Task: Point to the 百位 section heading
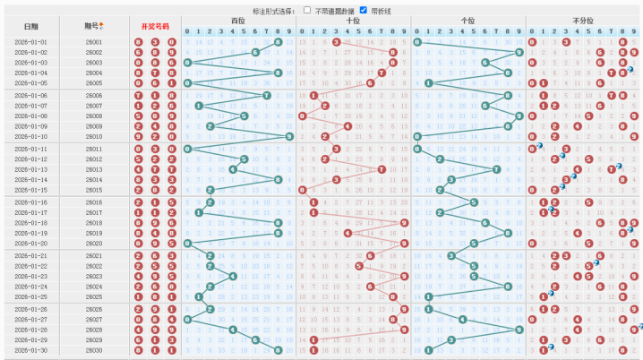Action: click(237, 20)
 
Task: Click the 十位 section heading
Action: click(353, 20)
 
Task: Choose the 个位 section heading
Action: click(467, 20)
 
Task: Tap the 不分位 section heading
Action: click(583, 20)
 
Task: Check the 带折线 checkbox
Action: click(363, 9)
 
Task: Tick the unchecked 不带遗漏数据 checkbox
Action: click(307, 9)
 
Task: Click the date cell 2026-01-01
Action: click(31, 42)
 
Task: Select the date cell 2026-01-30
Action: click(31, 350)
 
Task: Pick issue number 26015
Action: click(94, 190)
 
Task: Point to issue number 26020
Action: click(94, 243)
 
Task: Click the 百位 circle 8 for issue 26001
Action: click(279, 42)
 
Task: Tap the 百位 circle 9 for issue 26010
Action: click(289, 136)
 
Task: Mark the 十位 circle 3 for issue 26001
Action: click(336, 42)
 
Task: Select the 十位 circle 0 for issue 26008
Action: click(302, 116)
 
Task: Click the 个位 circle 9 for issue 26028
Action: click(519, 330)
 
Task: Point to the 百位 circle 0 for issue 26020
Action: click(186, 243)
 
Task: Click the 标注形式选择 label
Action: click(272, 9)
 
